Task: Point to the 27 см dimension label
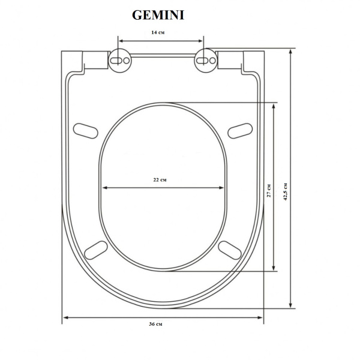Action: click(269, 190)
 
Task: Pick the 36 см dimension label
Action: click(155, 324)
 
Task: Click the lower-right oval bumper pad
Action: click(230, 249)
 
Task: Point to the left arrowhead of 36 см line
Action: click(65, 317)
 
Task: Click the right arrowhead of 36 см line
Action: click(262, 317)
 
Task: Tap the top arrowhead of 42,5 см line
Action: click(292, 52)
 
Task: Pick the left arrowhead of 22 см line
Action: click(104, 188)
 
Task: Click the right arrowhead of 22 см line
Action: click(224, 188)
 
